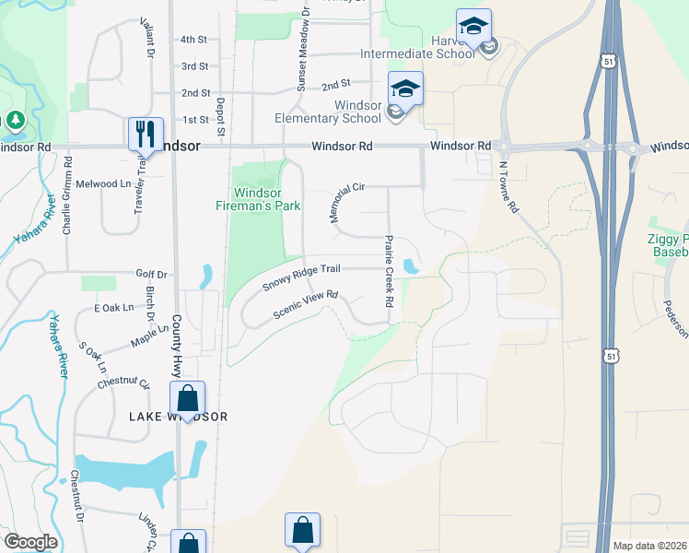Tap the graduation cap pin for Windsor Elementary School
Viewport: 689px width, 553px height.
click(405, 89)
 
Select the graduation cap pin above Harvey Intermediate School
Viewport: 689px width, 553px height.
click(473, 26)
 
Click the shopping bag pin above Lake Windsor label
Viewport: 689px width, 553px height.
click(188, 399)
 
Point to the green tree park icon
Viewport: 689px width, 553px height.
click(16, 120)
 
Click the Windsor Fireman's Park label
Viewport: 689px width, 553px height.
click(266, 199)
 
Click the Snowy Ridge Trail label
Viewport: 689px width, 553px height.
click(301, 276)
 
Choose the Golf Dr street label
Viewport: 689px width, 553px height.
click(151, 275)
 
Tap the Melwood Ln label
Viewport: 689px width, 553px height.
click(103, 184)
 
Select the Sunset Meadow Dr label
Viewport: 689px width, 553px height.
click(300, 59)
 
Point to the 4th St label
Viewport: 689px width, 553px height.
click(194, 40)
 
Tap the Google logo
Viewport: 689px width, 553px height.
click(30, 542)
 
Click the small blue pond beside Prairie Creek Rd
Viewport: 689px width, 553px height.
click(411, 266)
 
